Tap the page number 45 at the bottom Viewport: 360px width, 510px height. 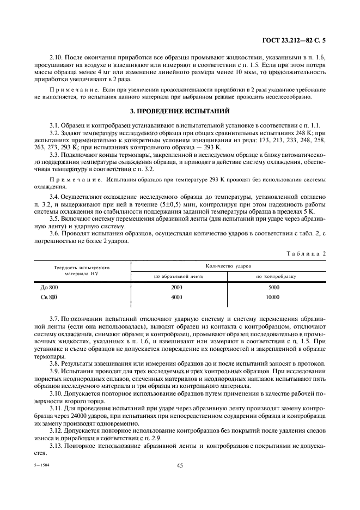[x=180, y=466]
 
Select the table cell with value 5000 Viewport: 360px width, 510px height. [x=274, y=287]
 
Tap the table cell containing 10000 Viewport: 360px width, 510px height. [x=273, y=297]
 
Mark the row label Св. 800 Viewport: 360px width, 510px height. [x=48, y=297]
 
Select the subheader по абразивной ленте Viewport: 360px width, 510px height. [x=179, y=276]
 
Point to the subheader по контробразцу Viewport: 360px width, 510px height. [x=276, y=276]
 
